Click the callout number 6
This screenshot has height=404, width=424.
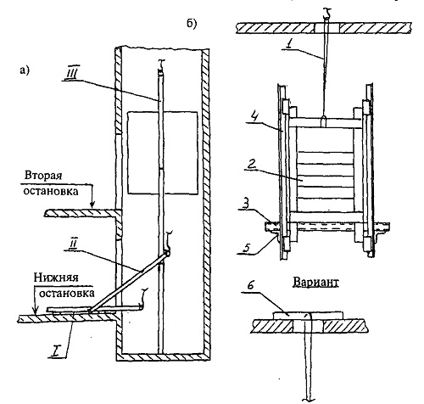click(x=248, y=285)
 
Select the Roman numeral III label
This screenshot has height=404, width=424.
click(x=70, y=75)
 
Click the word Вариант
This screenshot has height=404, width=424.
click(x=315, y=282)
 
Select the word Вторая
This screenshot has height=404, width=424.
click(x=43, y=176)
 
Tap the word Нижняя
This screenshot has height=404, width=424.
click(x=56, y=278)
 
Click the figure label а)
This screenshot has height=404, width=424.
click(x=25, y=70)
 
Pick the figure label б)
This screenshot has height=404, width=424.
click(x=192, y=24)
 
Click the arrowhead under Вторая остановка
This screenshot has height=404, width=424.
click(x=92, y=205)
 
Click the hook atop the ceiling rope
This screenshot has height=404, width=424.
click(x=326, y=14)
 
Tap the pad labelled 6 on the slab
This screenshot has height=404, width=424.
click(x=308, y=315)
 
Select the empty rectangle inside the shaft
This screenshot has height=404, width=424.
click(x=163, y=153)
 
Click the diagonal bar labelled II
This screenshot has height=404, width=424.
click(x=129, y=282)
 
